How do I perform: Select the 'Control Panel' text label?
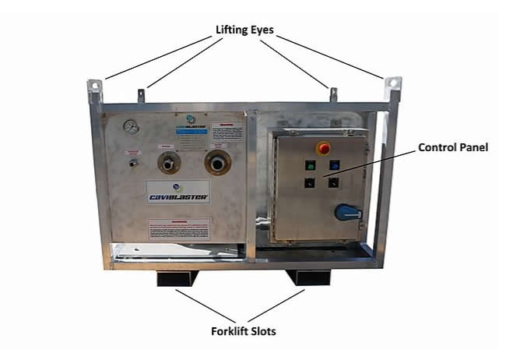pos(453,146)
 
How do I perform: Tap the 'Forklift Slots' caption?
pos(244,331)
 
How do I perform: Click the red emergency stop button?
pos(322,146)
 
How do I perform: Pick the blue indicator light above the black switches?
pos(333,164)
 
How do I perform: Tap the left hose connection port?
pos(170,163)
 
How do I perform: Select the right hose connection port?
pos(217,163)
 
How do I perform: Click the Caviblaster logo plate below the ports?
pos(177,192)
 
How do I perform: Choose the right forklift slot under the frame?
pos(309,277)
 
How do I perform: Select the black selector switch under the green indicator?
pos(310,182)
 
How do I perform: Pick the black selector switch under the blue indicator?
pos(334,182)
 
